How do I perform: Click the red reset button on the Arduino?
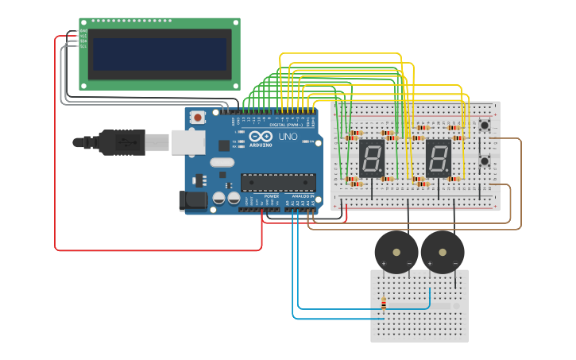197,118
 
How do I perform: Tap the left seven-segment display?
372,158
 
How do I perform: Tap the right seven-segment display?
439,158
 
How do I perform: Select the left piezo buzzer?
396,252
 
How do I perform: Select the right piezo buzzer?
443,252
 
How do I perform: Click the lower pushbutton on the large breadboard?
484,161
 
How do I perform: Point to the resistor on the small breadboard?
384,304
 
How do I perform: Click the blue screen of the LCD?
160,54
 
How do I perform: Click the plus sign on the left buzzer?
384,263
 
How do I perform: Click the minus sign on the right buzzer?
455,263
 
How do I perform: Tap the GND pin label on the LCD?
83,31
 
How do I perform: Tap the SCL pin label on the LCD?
83,46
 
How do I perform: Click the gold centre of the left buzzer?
396,250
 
